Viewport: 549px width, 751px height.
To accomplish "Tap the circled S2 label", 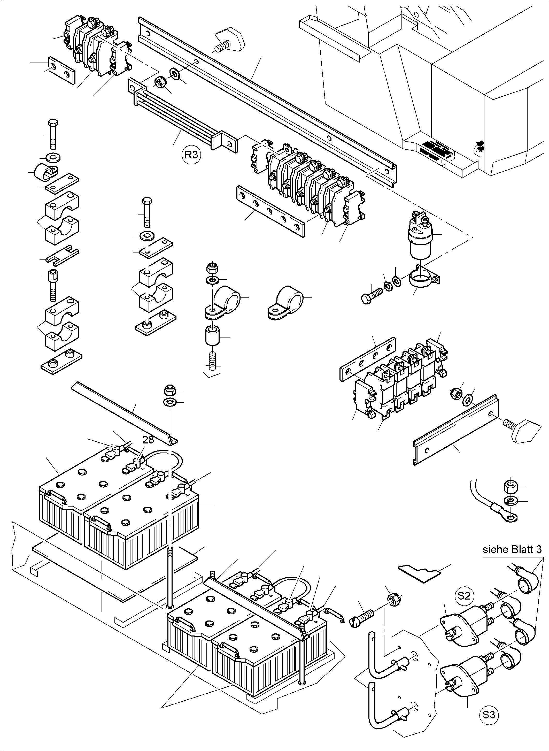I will point(464,596).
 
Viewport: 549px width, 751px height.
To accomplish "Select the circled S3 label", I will point(489,714).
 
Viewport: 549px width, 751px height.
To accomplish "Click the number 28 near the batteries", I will point(148,440).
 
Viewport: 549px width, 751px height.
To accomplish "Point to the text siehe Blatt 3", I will point(512,549).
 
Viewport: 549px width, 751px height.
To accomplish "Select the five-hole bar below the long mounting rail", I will point(270,211).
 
